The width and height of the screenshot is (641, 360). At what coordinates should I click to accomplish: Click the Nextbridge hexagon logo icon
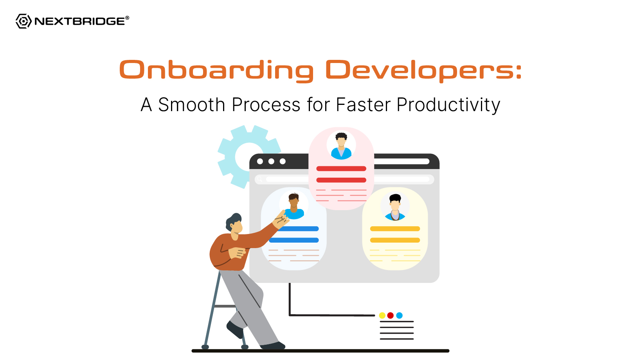(23, 21)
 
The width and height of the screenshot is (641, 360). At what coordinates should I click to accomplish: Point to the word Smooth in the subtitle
(192, 104)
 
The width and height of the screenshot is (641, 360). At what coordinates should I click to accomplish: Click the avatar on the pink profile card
(341, 145)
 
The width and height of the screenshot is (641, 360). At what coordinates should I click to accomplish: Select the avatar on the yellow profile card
(395, 206)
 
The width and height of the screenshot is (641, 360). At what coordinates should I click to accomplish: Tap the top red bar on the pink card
(341, 169)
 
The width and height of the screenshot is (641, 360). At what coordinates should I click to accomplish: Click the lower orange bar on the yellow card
(395, 240)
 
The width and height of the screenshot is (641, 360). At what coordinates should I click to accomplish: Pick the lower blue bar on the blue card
(294, 240)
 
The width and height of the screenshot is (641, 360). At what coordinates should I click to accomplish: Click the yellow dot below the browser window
(382, 315)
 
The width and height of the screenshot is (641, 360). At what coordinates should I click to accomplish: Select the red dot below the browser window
(390, 315)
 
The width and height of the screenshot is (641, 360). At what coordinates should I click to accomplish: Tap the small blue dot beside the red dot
(399, 315)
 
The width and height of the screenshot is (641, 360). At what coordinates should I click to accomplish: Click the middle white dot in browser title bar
(271, 161)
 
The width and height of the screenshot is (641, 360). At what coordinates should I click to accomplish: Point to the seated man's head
(234, 223)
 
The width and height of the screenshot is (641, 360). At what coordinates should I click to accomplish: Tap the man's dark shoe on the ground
(272, 346)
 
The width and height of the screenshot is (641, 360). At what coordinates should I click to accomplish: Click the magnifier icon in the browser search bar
(259, 180)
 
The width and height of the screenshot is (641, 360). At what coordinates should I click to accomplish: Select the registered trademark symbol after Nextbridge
(127, 18)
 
